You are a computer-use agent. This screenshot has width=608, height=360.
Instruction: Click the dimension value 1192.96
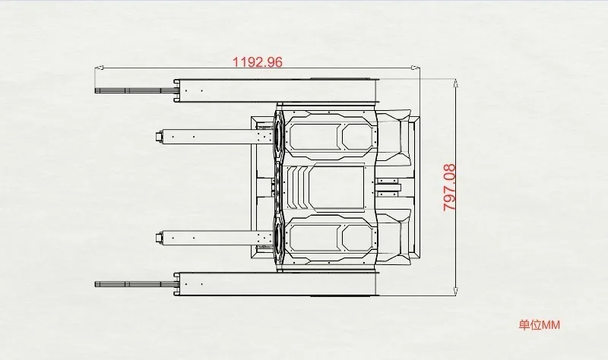click(258, 62)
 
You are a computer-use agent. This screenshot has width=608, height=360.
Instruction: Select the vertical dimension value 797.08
click(449, 187)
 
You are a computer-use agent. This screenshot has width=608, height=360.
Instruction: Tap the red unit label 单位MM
click(540, 325)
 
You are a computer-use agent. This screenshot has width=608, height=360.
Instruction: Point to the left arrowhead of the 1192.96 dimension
click(99, 68)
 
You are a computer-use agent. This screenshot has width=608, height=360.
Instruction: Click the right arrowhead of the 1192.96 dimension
click(416, 68)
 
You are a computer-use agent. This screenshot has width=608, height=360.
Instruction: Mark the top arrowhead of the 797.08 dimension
click(456, 83)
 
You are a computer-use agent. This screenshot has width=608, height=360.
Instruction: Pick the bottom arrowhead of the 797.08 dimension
click(456, 291)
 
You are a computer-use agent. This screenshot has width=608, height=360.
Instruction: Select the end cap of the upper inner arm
click(160, 137)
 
